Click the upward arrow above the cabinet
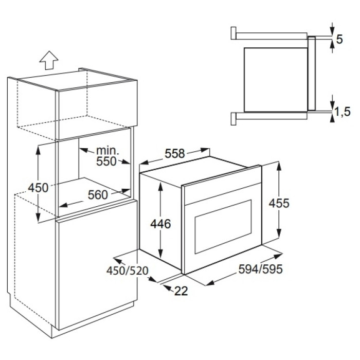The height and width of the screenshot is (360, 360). coord(49,60)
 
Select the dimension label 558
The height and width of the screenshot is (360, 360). coord(175,153)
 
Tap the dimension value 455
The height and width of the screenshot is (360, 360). coord(279,203)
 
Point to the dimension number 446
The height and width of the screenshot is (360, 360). coord(160,224)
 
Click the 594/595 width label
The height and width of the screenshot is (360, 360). coord(260,269)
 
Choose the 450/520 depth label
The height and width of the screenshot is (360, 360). coord(128,271)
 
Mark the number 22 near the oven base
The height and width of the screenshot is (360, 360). coord(181,291)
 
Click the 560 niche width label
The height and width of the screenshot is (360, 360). coord(98,195)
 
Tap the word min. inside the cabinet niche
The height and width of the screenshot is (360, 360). coord(107,151)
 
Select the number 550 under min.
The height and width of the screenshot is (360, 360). coord(106,161)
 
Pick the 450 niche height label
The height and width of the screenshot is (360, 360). coord(38,188)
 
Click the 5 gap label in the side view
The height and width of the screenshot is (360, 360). coord(339,39)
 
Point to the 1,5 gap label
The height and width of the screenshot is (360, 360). coord(343,112)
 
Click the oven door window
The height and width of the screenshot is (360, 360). coord(223,227)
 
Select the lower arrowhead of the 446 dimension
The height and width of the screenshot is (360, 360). coord(160,254)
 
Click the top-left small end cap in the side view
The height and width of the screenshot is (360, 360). coord(233,33)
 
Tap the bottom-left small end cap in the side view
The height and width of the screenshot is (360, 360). coord(233,119)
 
